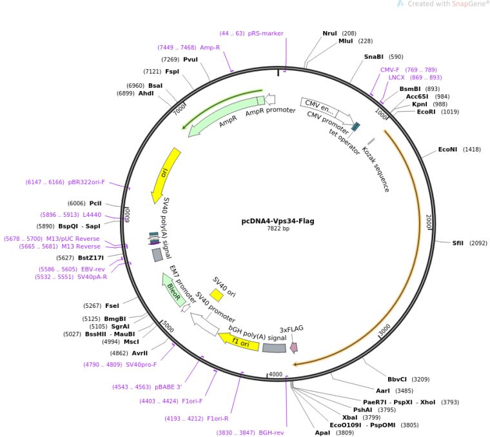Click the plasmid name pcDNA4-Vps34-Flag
278,221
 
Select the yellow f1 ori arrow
239,341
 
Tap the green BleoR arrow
173,290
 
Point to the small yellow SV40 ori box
216,295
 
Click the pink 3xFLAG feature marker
294,347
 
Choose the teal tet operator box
356,127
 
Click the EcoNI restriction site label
447,150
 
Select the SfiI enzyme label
458,243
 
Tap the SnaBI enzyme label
373,57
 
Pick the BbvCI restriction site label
397,379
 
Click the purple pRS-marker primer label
266,33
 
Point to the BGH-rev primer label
271,432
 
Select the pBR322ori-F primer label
86,182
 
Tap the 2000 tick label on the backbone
429,221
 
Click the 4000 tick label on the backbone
276,374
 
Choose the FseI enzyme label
112,305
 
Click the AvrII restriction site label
140,353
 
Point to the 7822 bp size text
278,229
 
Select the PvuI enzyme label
190,59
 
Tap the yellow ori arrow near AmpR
165,175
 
